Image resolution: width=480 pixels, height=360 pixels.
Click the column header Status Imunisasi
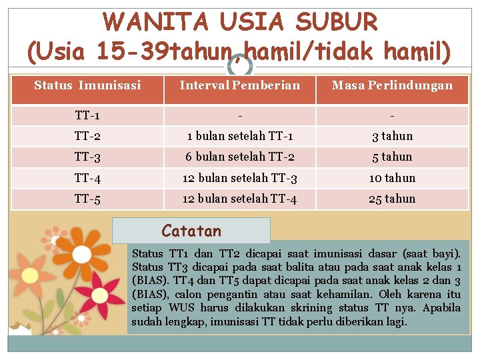(87, 85)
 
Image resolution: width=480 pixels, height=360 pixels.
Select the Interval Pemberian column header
(240, 85)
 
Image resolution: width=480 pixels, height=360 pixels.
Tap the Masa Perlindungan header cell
(392, 85)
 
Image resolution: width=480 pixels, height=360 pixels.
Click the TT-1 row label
(87, 115)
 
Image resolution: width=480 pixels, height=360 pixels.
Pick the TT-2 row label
(87, 136)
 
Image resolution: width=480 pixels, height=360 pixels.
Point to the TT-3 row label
(87, 157)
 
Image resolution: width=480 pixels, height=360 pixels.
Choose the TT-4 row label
(87, 178)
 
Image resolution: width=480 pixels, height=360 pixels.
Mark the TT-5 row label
(87, 199)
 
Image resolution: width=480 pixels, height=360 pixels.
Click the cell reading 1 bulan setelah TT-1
(240, 136)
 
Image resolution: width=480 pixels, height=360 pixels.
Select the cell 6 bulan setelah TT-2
(240, 157)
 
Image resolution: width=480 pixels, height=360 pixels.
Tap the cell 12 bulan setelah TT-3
(240, 178)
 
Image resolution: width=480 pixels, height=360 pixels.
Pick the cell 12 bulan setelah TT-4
(240, 199)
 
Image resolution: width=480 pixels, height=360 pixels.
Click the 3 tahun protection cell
(392, 136)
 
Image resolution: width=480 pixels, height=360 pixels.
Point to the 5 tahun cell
(392, 157)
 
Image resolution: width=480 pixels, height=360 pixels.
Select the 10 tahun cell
(392, 178)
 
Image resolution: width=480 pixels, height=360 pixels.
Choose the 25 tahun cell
(392, 199)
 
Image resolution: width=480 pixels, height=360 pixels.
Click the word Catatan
(191, 231)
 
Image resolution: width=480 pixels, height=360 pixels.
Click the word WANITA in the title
(155, 23)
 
